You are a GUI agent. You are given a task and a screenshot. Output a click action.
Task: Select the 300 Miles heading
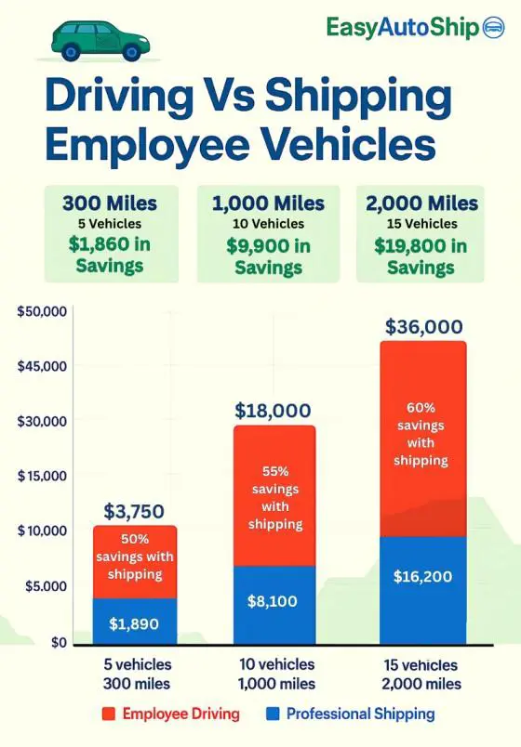coord(110,203)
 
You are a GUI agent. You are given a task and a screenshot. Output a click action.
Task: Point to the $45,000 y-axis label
coord(42,365)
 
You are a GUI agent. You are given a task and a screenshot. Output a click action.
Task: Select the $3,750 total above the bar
coord(134,511)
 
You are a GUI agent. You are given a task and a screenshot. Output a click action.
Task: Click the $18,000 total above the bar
coord(274,410)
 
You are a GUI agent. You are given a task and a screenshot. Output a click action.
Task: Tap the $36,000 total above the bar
coord(423,327)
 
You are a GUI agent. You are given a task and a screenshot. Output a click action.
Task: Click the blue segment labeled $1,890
coord(135,622)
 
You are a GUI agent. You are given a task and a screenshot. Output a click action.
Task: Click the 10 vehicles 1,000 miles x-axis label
coord(275,675)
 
